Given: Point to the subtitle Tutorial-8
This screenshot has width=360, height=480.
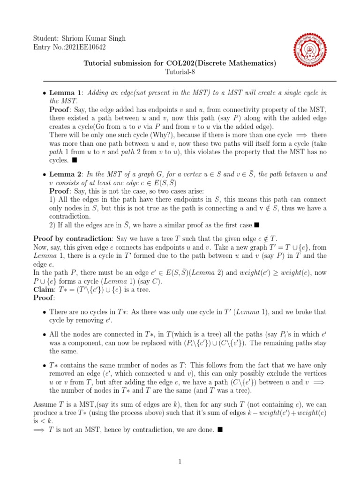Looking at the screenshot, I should pos(180,72).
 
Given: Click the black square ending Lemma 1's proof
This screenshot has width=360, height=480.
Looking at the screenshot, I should pos(73,160).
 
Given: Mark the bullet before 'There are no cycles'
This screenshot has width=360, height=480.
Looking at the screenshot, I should pos(44,312).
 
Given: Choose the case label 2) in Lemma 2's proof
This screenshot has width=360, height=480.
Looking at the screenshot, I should pos(52,225).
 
